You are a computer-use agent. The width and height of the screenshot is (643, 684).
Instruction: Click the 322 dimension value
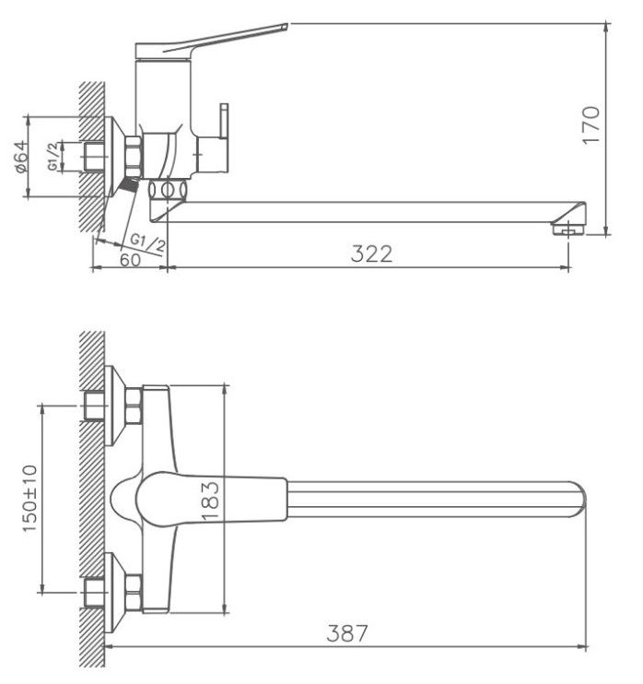pos(371,254)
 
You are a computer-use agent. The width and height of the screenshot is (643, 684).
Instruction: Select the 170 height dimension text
pos(591,124)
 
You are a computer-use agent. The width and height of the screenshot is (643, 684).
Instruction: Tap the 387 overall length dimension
pos(347,633)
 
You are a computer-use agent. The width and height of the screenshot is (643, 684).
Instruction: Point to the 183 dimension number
pos(210,501)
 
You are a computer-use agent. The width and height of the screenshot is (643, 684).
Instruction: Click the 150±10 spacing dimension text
pos(30,498)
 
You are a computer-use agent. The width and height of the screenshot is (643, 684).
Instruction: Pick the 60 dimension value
pos(130,260)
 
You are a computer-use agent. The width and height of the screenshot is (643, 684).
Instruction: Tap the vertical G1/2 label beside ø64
pos(53,156)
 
